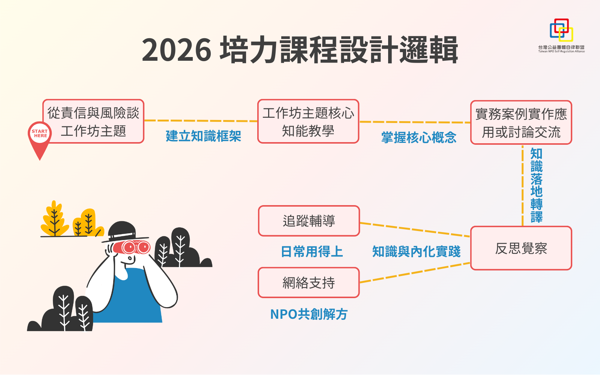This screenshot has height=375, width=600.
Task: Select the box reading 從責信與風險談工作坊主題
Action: click(93, 121)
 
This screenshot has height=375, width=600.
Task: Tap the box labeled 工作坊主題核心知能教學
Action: click(308, 121)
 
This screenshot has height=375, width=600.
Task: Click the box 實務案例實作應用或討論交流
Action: click(521, 122)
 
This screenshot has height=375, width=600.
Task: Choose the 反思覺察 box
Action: click(521, 248)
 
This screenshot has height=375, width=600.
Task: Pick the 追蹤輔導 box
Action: click(309, 221)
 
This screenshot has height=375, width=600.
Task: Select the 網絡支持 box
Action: click(309, 283)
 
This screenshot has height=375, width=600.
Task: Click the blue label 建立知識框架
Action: click(204, 136)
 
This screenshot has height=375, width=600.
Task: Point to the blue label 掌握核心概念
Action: click(419, 137)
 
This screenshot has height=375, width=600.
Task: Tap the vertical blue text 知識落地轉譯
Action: click(537, 185)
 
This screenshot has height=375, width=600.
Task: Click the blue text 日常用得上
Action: click(312, 252)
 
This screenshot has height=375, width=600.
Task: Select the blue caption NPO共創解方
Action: click(309, 314)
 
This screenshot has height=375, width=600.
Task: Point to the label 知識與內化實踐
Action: click(417, 252)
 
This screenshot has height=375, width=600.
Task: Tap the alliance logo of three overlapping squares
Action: click(561, 30)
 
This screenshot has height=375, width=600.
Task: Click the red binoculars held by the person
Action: click(132, 247)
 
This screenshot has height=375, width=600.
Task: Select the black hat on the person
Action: click(124, 232)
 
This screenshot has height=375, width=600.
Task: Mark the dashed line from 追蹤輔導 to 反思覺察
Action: click(415, 229)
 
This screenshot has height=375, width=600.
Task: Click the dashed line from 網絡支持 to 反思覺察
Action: click(415, 273)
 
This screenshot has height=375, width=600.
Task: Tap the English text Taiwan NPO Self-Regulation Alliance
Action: click(561, 51)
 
